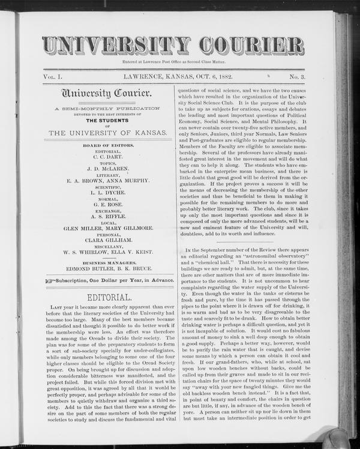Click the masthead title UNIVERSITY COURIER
(173, 46)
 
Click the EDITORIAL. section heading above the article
(109, 297)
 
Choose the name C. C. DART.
(109, 157)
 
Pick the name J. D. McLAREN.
(109, 169)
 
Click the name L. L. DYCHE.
(109, 192)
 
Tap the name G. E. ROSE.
(109, 204)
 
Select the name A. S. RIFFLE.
(109, 216)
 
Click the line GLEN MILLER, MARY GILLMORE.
(109, 228)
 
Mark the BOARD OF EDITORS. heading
(109, 145)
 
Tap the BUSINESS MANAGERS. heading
(109, 262)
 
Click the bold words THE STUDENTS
(109, 118)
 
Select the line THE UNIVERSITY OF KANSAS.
(109, 132)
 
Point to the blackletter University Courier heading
(109, 94)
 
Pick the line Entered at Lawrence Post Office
(173, 62)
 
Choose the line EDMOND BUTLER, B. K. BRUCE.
(109, 269)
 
